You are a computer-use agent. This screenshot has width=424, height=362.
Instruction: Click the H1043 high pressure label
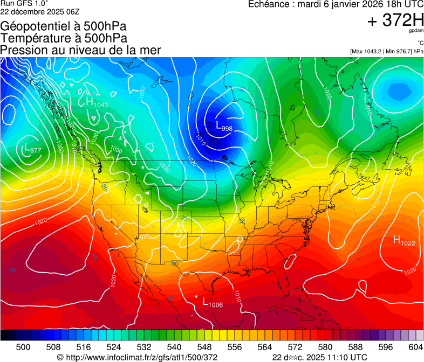click(97, 102)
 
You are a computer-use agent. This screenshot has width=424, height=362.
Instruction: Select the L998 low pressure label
click(224, 127)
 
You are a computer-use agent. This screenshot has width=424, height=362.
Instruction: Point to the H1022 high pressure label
click(404, 241)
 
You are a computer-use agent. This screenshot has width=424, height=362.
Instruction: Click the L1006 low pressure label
click(212, 303)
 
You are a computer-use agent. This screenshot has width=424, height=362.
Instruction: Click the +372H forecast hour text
click(395, 20)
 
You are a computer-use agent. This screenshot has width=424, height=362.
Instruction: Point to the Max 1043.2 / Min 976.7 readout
click(386, 51)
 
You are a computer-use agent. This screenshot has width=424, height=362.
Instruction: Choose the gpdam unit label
click(415, 31)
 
